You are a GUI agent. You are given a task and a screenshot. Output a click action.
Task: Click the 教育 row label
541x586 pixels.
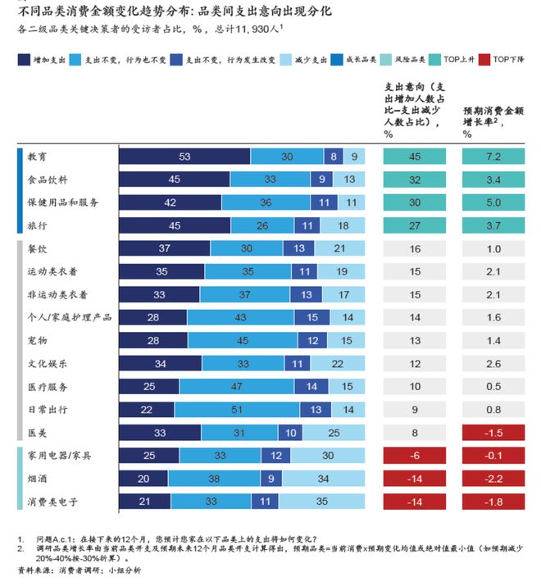(38, 157)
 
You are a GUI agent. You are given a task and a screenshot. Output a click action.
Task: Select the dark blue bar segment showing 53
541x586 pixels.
(184, 157)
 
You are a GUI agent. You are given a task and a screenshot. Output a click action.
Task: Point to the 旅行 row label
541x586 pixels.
(38, 225)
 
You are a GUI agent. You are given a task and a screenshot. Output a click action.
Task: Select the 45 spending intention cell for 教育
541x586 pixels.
(416, 157)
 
